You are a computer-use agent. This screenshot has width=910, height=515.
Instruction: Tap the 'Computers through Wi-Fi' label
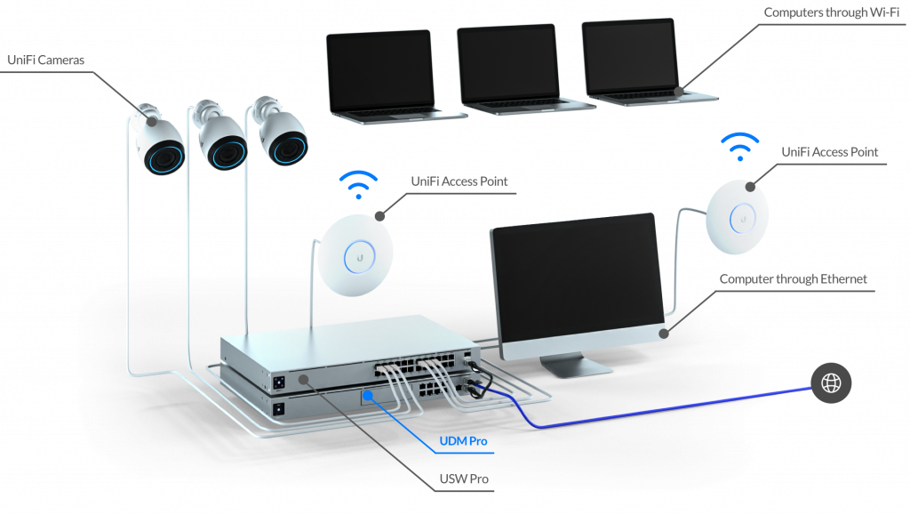(x=831, y=12)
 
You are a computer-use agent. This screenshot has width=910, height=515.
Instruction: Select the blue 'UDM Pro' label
(x=463, y=441)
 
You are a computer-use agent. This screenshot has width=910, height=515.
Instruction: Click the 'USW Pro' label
(x=463, y=479)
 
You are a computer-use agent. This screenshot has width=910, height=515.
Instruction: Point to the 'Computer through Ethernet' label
(x=794, y=279)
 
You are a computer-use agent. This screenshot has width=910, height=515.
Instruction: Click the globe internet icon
(x=832, y=383)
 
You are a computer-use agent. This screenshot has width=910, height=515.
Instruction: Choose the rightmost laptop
(x=645, y=62)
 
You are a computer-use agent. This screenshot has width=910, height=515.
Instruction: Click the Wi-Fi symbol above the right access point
(x=739, y=146)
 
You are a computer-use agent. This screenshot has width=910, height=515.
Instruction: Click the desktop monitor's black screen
(x=575, y=279)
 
